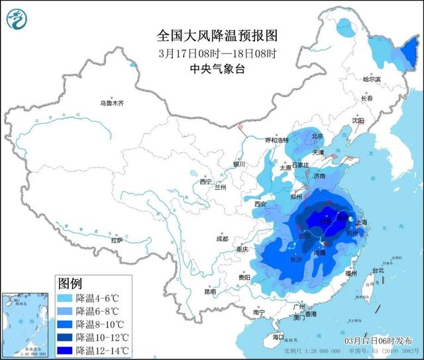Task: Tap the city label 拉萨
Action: coord(117,241)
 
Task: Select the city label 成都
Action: coord(221,239)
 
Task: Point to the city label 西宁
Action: coord(206,182)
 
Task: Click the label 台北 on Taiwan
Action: coord(378,271)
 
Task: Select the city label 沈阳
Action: coord(377,121)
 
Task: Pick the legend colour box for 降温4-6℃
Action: coord(66,298)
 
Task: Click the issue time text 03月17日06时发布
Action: coord(378,340)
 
